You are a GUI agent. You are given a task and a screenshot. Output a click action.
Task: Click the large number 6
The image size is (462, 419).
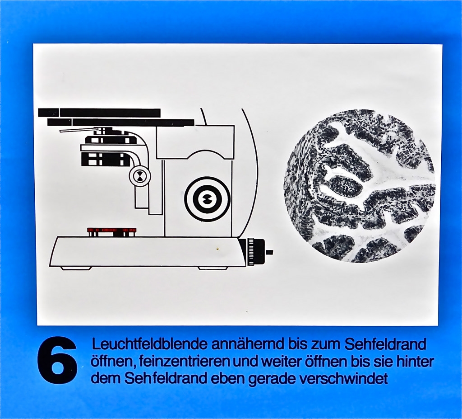point(57,361)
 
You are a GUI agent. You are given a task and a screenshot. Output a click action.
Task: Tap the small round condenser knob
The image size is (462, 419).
point(140,176)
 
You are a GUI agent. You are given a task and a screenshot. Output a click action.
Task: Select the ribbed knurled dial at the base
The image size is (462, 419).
point(255,251)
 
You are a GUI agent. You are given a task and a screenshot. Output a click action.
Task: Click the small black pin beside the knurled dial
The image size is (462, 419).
point(269,252)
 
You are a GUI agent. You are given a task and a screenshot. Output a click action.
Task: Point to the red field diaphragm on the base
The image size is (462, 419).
point(112,230)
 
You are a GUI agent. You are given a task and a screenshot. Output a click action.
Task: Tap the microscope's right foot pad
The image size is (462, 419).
point(213,268)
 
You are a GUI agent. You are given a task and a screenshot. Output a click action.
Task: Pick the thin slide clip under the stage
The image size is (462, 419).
point(79,130)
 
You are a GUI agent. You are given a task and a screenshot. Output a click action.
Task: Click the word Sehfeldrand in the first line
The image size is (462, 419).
point(385,344)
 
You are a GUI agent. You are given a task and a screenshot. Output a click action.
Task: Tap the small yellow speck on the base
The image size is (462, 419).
point(218,249)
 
